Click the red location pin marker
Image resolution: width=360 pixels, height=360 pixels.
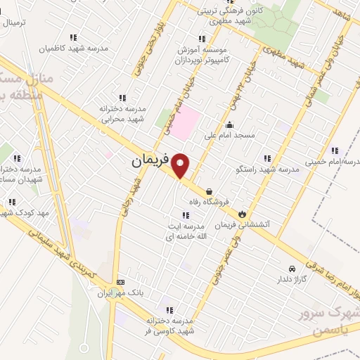pyautogui.click(x=181, y=165)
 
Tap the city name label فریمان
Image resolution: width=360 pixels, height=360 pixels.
pyautogui.click(x=150, y=161)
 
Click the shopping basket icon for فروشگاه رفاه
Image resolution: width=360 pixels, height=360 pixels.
pyautogui.click(x=210, y=191)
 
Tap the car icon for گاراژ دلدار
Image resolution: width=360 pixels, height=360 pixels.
pyautogui.click(x=292, y=269)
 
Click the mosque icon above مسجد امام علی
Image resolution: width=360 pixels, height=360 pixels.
pyautogui.click(x=229, y=124)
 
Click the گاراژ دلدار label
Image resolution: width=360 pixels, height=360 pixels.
pyautogui.click(x=291, y=279)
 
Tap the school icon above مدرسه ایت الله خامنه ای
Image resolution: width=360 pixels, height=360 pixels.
pyautogui.click(x=185, y=215)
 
